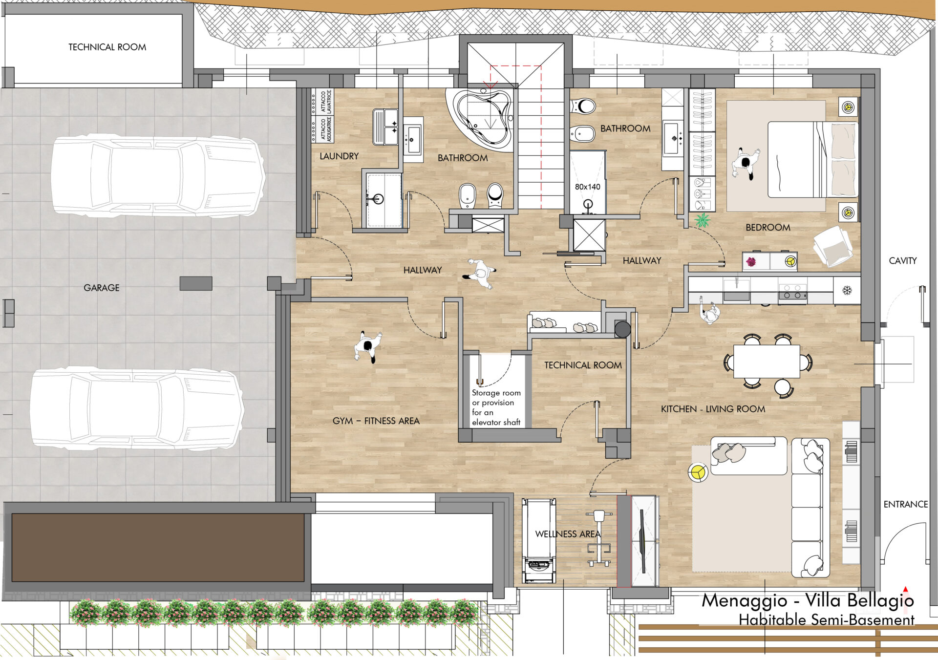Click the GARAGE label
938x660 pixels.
pos(102,288)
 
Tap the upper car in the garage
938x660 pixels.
pos(158,176)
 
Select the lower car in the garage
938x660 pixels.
pos(137,408)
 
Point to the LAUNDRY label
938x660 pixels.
pos(339,156)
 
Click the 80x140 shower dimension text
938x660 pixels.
pos(587,187)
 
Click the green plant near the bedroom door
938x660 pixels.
pos(703,220)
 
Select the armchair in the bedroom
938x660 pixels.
pos(833,247)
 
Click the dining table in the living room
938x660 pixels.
pos(767,362)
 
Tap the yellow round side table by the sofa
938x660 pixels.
pos(698,472)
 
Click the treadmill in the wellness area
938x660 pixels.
pos(539,541)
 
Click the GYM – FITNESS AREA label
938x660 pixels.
pos(376,421)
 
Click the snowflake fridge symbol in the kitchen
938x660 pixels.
pos(847,291)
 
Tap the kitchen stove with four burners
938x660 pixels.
pos(792,292)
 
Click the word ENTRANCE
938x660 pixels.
pos(906,504)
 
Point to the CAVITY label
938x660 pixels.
pos(903,261)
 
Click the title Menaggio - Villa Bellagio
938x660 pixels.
pos(808,600)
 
